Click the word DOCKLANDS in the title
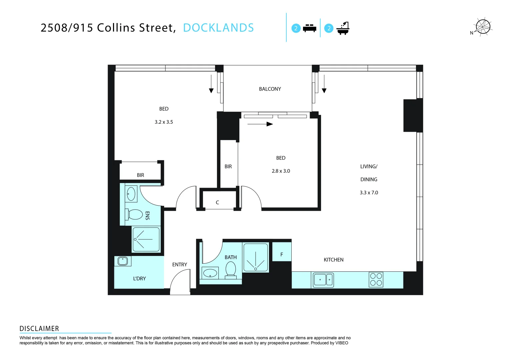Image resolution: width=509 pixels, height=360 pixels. point(218,28)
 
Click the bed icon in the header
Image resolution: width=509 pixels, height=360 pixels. point(309,28)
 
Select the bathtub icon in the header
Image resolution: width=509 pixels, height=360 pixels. point(343,28)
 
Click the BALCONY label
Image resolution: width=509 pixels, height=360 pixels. point(270,89)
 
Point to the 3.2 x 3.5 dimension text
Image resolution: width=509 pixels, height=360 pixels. point(164,122)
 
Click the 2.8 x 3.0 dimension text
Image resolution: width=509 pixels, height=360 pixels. point(281,171)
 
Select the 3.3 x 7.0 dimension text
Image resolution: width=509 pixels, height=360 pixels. point(369,193)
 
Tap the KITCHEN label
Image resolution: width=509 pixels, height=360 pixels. point(333,260)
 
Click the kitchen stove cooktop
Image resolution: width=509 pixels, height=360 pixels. point(376,280)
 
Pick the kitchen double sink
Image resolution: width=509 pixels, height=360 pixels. point(323,280)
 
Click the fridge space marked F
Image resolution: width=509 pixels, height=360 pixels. point(282,254)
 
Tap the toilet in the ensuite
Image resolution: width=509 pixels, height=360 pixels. point(134,214)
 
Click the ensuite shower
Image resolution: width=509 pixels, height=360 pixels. point(146,239)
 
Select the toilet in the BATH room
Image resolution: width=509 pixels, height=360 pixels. point(231,269)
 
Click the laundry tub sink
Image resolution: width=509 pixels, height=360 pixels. point(123,261)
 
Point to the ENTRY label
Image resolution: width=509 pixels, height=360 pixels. point(179,265)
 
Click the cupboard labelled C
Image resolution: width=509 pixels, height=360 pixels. point(217,202)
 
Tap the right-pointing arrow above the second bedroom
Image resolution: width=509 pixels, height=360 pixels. point(260,124)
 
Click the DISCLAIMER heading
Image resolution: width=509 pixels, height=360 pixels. point(39,329)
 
